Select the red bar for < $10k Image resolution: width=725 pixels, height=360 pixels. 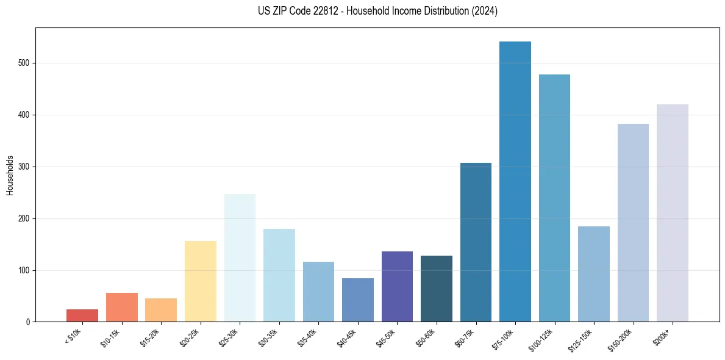tap(82, 315)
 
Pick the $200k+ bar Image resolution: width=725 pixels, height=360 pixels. tap(673, 213)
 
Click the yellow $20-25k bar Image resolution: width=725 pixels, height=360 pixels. tap(201, 281)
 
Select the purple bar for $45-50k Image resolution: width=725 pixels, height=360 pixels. tap(397, 287)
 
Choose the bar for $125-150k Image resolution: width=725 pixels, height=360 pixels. tap(594, 274)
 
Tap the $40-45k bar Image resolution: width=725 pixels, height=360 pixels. tap(358, 300)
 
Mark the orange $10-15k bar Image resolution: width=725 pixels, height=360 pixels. tap(122, 307)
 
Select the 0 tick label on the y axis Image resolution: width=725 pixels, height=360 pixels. tap(29, 322)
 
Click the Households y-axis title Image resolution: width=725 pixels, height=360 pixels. tap(10, 175)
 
